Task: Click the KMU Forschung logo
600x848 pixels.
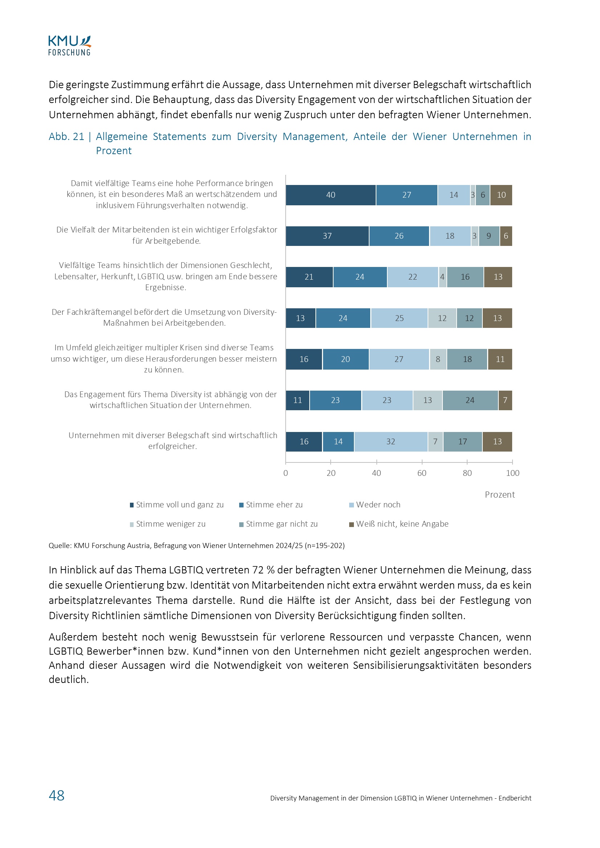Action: (69, 46)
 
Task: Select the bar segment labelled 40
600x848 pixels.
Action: (331, 195)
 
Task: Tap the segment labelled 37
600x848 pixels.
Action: (327, 236)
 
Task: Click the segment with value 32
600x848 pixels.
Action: (391, 442)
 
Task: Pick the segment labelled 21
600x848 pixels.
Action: (309, 277)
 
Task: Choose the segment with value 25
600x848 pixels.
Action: (399, 318)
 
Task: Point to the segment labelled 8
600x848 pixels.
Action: (438, 359)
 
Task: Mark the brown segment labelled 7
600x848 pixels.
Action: (505, 400)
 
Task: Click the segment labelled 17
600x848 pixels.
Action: (462, 442)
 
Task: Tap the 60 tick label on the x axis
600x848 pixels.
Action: (422, 473)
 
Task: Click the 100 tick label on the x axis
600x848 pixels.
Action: (513, 473)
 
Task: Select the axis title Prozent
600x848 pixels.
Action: (499, 495)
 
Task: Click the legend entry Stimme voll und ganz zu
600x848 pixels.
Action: (179, 505)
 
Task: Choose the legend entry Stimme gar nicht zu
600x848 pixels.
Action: (281, 524)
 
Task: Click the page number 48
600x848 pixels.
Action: (57, 795)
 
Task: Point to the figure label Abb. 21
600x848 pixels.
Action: (66, 137)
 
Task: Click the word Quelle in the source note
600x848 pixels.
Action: (60, 546)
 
